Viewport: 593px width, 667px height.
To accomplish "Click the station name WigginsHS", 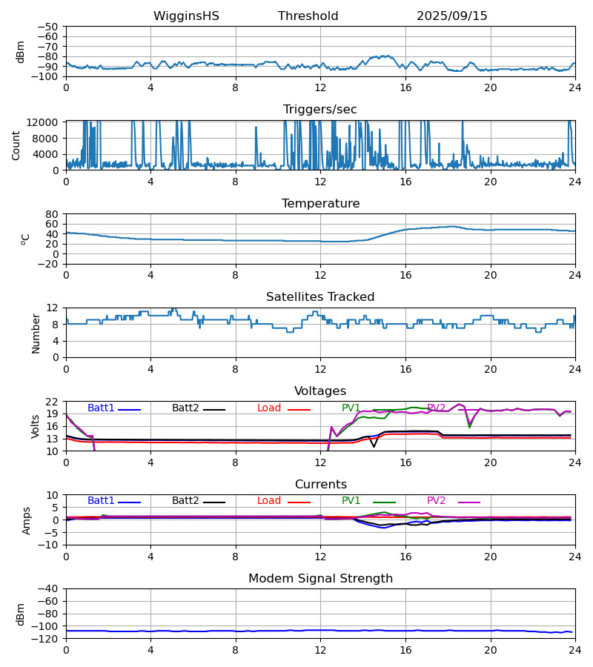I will pos(186,16).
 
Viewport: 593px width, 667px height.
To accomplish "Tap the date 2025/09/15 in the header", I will pos(451,16).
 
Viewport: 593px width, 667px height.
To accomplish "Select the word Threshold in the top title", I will pos(308,16).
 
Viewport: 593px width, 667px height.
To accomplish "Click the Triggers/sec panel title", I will pos(320,110).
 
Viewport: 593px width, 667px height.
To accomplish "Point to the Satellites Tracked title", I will pos(320,297).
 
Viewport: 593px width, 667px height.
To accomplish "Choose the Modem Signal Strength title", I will pos(320,579).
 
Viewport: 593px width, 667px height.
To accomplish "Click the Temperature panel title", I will pos(320,204).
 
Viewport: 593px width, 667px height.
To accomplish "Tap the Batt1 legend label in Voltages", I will pos(101,408).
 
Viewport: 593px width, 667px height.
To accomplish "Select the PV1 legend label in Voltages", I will pos(351,408).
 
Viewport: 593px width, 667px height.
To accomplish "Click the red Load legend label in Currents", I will pos(269,501).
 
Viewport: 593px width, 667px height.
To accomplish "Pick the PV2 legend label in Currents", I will pos(437,501).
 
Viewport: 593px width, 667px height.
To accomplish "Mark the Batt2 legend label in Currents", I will pos(185,501).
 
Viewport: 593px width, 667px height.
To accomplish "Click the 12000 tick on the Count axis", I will pos(46,122).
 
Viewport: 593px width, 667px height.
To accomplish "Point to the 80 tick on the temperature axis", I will pos(52,214).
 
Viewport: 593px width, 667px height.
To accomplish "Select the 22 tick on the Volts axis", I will pos(52,402).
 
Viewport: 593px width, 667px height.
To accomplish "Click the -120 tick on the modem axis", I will pos(46,639).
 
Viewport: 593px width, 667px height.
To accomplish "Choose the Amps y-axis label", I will pos(27,520).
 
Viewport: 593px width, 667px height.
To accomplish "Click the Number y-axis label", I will pos(36,333).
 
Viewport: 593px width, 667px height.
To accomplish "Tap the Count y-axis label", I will pos(16,145).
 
